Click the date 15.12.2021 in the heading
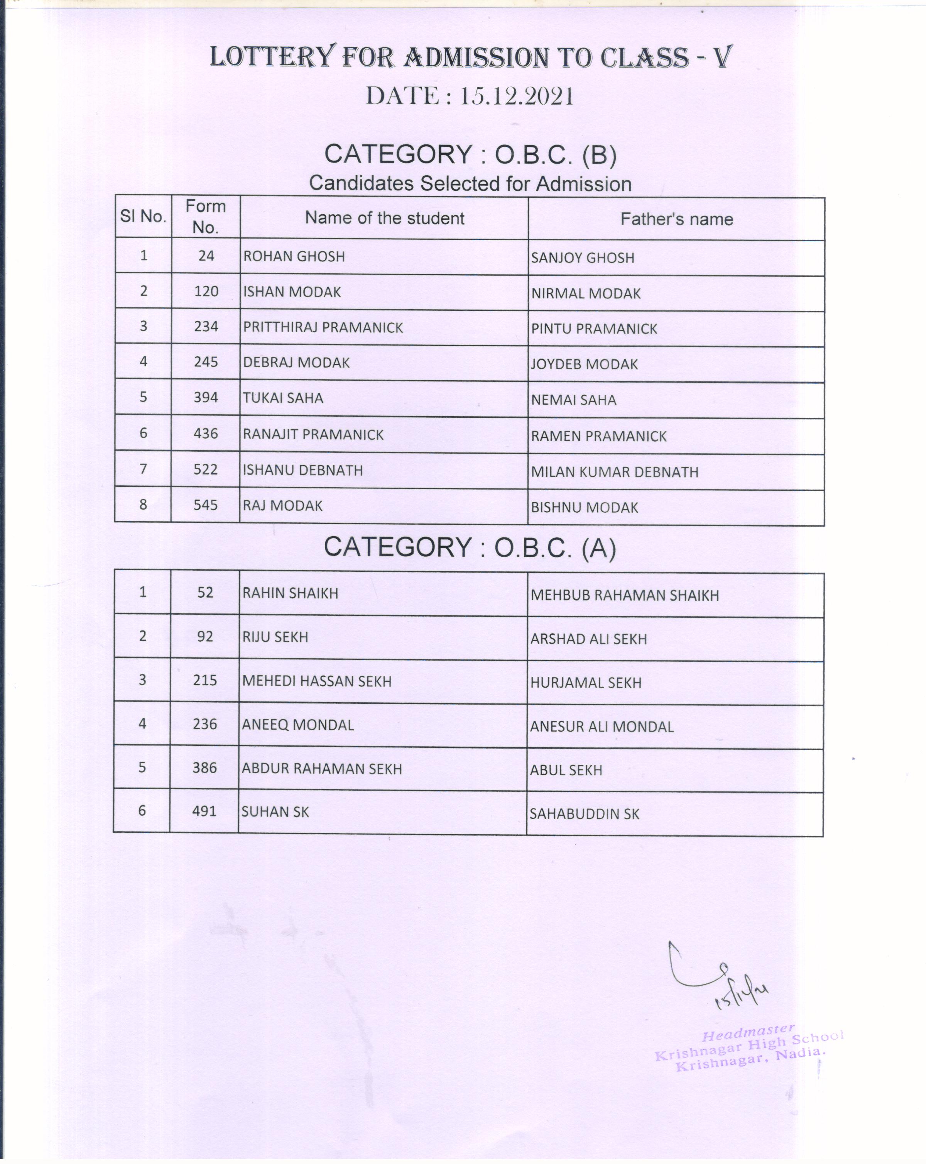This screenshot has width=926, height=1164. pyautogui.click(x=516, y=97)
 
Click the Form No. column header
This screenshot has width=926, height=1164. pyautogui.click(x=206, y=217)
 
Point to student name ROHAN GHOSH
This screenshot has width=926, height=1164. pyautogui.click(x=294, y=256)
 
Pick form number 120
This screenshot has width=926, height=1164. pyautogui.click(x=206, y=291)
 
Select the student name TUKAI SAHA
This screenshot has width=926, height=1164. pyautogui.click(x=283, y=398)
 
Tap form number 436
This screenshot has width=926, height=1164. pyautogui.click(x=206, y=434)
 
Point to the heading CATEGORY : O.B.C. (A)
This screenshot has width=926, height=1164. pyautogui.click(x=470, y=547)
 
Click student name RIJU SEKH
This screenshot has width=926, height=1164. pyautogui.click(x=275, y=637)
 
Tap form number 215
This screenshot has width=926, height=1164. pyautogui.click(x=205, y=680)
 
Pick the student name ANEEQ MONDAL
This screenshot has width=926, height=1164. pyautogui.click(x=297, y=725)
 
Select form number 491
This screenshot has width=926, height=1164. pyautogui.click(x=204, y=811)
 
